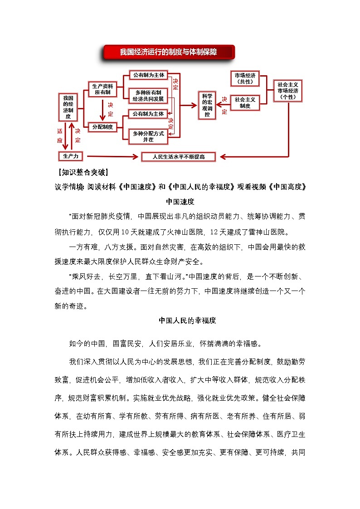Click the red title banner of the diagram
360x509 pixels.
pos(168,52)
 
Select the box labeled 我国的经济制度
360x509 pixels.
pos(68,107)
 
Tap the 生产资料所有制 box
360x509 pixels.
pos(102,89)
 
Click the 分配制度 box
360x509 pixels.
pos(102,127)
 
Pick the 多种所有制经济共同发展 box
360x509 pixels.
pos(148,95)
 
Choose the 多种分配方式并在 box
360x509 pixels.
pos(148,136)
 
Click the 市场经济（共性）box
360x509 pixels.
pos(245,78)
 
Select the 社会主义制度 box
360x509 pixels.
pos(245,102)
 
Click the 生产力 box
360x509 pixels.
pos(71,156)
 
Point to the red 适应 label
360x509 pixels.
pos(59,135)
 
